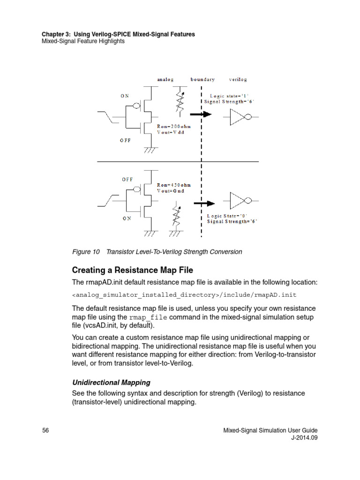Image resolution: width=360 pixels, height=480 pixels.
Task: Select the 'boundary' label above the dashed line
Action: click(202, 80)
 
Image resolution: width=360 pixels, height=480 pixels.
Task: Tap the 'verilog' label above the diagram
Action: click(238, 80)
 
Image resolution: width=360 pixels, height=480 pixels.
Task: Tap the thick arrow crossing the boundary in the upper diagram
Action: click(202, 114)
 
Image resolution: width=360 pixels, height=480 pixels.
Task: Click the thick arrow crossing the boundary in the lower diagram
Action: click(204, 203)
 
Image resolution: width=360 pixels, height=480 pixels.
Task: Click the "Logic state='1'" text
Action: click(229, 95)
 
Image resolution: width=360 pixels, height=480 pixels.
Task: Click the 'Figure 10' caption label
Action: click(86, 252)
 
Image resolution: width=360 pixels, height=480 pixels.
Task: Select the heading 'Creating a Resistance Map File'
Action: click(132, 270)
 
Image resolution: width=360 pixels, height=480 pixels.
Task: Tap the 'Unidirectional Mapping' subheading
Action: click(111, 382)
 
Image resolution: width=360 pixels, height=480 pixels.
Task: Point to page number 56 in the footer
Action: click(45, 430)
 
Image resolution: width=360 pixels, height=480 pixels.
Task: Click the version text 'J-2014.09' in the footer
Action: click(304, 438)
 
